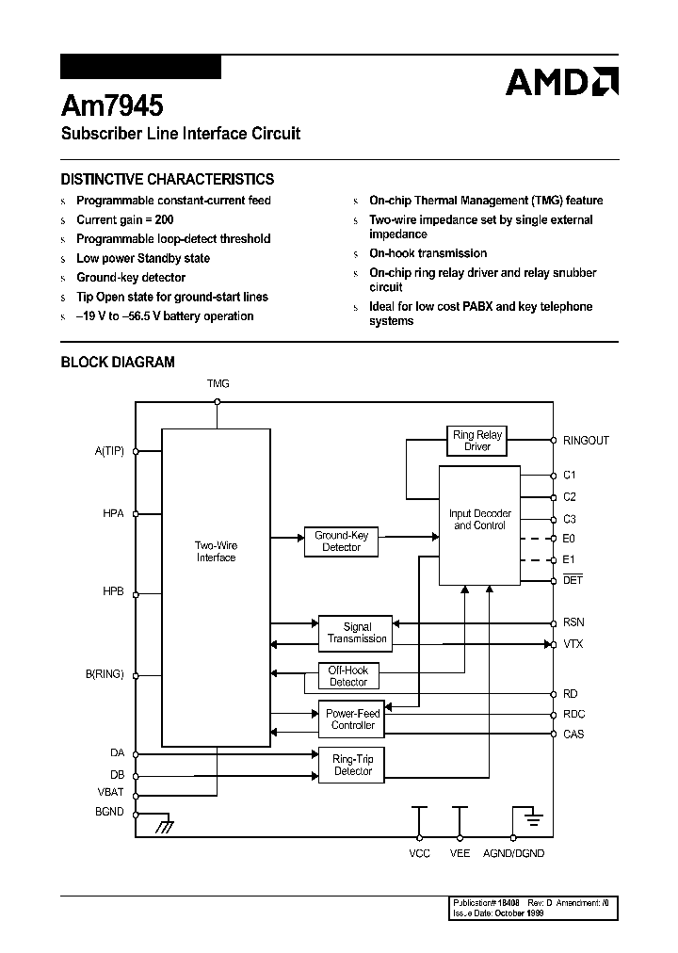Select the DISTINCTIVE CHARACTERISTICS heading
(x=168, y=179)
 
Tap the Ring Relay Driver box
(x=477, y=441)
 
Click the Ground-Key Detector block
(x=341, y=541)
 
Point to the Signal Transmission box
(x=357, y=633)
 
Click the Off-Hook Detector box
(x=347, y=676)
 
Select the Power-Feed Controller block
(x=352, y=719)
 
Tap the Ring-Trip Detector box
(x=353, y=765)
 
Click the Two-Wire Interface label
(x=216, y=551)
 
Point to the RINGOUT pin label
(x=586, y=441)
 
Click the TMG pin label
(x=218, y=383)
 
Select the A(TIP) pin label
(x=109, y=451)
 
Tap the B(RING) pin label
(x=104, y=674)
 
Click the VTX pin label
(x=573, y=644)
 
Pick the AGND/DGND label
(x=513, y=853)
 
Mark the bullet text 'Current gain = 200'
(x=124, y=219)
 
